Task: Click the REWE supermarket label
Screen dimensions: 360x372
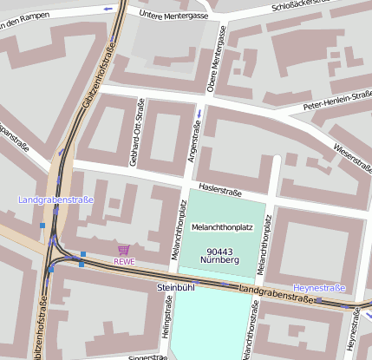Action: (124, 261)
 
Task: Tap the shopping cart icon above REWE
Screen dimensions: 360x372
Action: (124, 250)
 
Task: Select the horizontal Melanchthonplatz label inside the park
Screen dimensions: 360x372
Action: (221, 227)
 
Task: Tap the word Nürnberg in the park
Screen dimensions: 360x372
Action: (219, 259)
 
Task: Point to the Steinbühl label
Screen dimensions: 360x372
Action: (175, 286)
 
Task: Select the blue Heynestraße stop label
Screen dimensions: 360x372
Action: (319, 287)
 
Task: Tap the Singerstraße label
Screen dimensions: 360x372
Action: (147, 357)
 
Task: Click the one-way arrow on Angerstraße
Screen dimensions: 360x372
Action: (199, 114)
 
